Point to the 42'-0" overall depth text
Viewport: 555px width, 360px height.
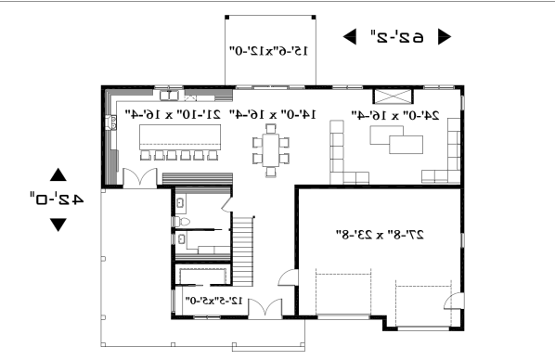pyautogui.click(x=58, y=198)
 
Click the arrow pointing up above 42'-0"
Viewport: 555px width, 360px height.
pyautogui.click(x=58, y=174)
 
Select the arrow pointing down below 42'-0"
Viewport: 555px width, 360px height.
pyautogui.click(x=58, y=224)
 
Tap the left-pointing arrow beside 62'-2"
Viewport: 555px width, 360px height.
pyautogui.click(x=351, y=37)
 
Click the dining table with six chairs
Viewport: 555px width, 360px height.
pyautogui.click(x=271, y=150)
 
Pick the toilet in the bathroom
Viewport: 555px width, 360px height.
pyautogui.click(x=183, y=224)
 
